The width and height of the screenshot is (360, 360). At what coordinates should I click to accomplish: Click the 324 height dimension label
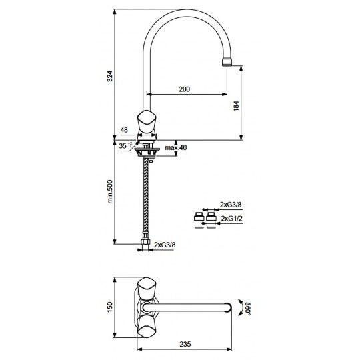pyautogui.click(x=110, y=76)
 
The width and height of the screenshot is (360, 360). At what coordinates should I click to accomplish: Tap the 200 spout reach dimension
pyautogui.click(x=185, y=89)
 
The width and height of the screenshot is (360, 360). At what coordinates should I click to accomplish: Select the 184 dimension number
pyautogui.click(x=236, y=106)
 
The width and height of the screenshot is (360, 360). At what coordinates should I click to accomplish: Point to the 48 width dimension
pyautogui.click(x=124, y=130)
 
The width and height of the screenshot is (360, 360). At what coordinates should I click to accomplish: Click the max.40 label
pyautogui.click(x=176, y=147)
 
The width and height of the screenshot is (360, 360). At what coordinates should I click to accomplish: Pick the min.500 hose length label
pyautogui.click(x=110, y=191)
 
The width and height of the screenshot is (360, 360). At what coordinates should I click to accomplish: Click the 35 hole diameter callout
pyautogui.click(x=125, y=145)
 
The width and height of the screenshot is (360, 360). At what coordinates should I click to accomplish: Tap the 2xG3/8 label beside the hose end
pyautogui.click(x=165, y=245)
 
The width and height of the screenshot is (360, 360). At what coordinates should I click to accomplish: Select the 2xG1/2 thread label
pyautogui.click(x=231, y=218)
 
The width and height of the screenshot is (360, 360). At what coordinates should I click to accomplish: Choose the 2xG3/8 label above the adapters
pyautogui.click(x=231, y=205)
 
